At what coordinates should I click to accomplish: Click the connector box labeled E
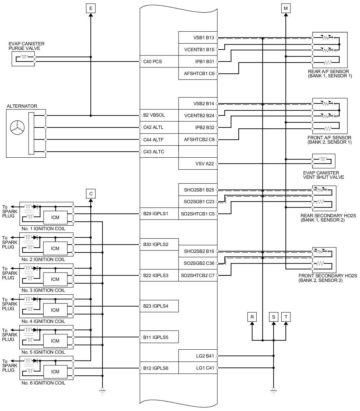coord(91,8)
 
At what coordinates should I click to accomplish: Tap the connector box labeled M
coord(286,8)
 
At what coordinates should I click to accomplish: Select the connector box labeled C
coord(91,194)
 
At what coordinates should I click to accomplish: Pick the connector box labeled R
coord(252,317)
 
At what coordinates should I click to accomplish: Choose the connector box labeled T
coord(286,317)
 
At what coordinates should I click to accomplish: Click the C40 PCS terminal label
coord(153,62)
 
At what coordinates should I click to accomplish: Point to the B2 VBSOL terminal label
coord(154,115)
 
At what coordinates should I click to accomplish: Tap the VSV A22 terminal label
coord(205,164)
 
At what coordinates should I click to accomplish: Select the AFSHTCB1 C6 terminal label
coord(199,74)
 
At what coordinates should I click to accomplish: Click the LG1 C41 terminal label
coord(205,368)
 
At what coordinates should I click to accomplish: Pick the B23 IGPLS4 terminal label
coord(156,306)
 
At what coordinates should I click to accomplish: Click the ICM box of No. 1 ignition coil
coord(55,217)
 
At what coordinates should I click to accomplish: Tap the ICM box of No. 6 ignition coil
coord(55,372)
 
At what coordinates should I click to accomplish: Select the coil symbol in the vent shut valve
coord(323,159)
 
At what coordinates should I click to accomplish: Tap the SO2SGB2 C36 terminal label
coord(199,263)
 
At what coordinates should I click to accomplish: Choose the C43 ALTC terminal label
coord(154,152)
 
